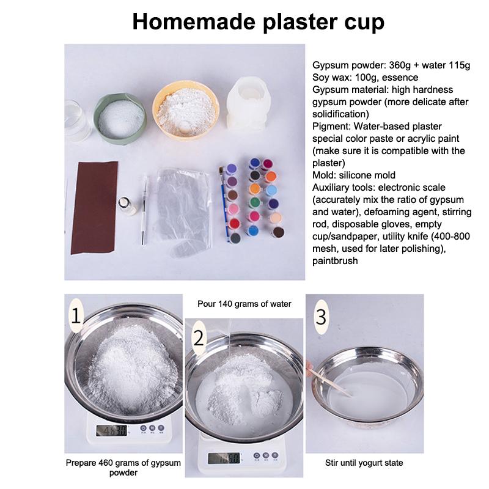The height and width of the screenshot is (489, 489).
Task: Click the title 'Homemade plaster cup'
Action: point(259,23)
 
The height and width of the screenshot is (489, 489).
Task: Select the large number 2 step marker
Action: point(198,337)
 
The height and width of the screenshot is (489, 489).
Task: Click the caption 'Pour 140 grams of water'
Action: point(244,303)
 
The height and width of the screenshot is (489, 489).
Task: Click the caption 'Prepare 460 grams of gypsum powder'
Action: point(123,468)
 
